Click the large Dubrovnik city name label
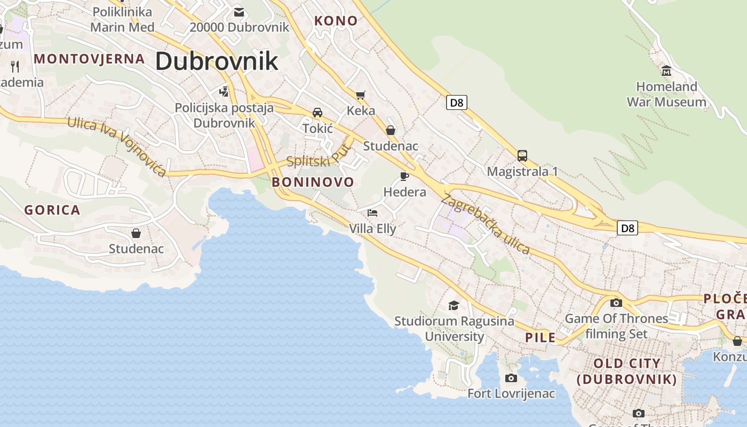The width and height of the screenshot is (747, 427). pos(217,61)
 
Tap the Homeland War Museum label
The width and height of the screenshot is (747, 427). pos(666,94)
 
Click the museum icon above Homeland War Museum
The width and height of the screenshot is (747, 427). pos(666,70)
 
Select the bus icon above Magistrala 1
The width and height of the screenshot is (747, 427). pos(522,156)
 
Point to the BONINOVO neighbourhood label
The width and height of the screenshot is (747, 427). pos(313,182)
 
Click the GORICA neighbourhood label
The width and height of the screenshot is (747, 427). pos(52,210)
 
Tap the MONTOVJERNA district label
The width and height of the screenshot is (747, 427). pos(89,59)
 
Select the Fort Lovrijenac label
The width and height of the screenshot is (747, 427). pos(511,394)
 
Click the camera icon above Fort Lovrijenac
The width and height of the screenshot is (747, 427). pos(511,378)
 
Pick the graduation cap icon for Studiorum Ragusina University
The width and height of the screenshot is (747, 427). pos(454,305)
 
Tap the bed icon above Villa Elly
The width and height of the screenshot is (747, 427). pos(372,213)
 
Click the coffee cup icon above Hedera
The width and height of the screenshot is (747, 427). pos(404,176)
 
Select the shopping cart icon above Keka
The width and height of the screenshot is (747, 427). pos(361,95)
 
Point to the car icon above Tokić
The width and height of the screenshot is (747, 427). pos(317,112)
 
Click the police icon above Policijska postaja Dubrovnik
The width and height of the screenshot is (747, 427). pos(224,91)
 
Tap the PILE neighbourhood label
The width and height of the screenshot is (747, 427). pos(541,337)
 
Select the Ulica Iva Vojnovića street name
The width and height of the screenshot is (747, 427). pos(117,146)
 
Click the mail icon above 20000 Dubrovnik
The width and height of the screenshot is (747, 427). pos(239,12)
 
